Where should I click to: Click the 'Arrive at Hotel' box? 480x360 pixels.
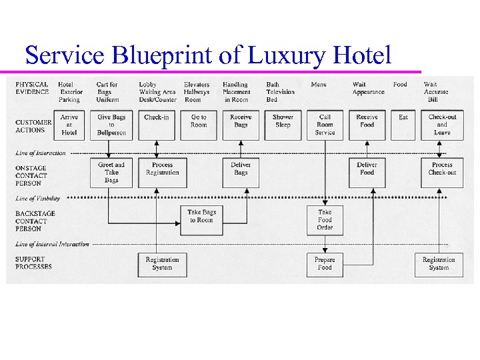click(x=69, y=125)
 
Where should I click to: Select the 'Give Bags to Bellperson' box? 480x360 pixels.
click(x=111, y=125)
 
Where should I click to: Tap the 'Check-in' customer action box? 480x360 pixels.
click(x=157, y=125)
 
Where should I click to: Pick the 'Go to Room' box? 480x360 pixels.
click(x=199, y=125)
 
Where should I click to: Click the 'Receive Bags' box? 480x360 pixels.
click(x=241, y=125)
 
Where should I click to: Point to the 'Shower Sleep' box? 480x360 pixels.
click(x=283, y=125)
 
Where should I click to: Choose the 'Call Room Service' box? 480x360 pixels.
click(x=325, y=125)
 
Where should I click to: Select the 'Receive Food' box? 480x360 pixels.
click(x=367, y=125)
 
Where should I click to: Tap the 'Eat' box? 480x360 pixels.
click(x=403, y=125)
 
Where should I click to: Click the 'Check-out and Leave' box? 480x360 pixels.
click(x=442, y=125)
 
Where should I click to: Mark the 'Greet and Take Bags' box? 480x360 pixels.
click(x=111, y=172)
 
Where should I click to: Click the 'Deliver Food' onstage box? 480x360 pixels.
click(x=367, y=172)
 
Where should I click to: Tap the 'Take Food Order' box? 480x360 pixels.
click(x=325, y=220)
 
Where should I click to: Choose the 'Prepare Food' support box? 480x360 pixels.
click(x=325, y=264)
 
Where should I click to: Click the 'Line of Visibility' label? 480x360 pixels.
click(x=38, y=198)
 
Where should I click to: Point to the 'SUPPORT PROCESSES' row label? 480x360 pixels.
click(x=34, y=263)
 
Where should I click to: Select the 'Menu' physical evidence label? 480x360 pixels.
click(x=319, y=85)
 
